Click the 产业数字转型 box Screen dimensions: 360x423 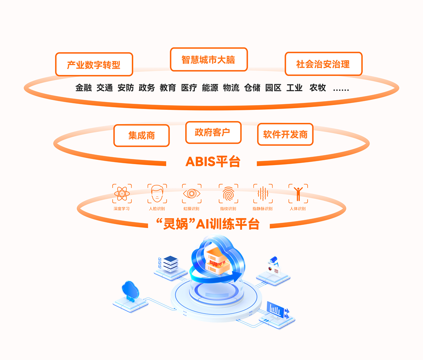(94, 65)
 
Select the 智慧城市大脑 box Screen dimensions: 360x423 (208, 59)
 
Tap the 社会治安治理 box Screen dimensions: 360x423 (323, 64)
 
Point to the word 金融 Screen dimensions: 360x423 (83, 88)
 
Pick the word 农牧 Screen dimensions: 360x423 (317, 88)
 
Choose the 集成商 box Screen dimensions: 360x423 (141, 135)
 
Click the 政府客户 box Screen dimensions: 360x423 (213, 132)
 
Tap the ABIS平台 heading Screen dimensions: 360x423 (213, 162)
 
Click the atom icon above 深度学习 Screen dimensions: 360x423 (122, 194)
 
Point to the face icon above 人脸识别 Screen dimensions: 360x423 (157, 194)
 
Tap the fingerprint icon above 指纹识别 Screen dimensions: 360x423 (228, 194)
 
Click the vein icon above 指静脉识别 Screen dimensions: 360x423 (263, 194)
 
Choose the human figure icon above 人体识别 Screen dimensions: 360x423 (298, 194)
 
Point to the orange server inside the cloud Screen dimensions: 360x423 (217, 261)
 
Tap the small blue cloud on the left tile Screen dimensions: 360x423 (130, 290)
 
